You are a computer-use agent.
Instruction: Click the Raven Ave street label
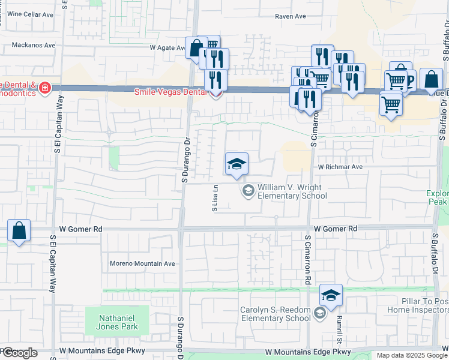pyautogui.click(x=291, y=17)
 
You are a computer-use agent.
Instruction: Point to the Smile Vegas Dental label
pyautogui.click(x=170, y=92)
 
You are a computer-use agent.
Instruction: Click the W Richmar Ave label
pyautogui.click(x=340, y=167)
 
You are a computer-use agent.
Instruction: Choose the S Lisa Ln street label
pyautogui.click(x=214, y=199)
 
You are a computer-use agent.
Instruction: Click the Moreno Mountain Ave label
pyautogui.click(x=142, y=263)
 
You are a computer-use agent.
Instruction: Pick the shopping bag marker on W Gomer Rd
pyautogui.click(x=19, y=230)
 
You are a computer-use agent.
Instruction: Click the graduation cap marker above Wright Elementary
pyautogui.click(x=237, y=164)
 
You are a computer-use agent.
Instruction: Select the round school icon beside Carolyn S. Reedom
pyautogui.click(x=320, y=313)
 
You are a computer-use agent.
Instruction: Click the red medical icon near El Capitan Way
pyautogui.click(x=44, y=89)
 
